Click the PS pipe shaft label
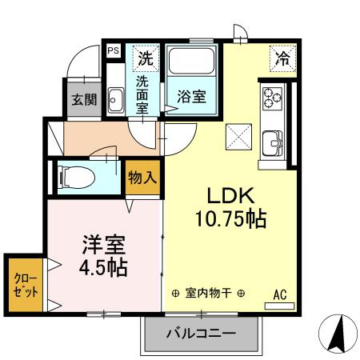(114, 51)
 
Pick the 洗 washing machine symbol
(145, 58)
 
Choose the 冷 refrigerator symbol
(282, 58)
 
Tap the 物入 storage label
(142, 178)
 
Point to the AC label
(280, 294)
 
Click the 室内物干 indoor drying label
(208, 294)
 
